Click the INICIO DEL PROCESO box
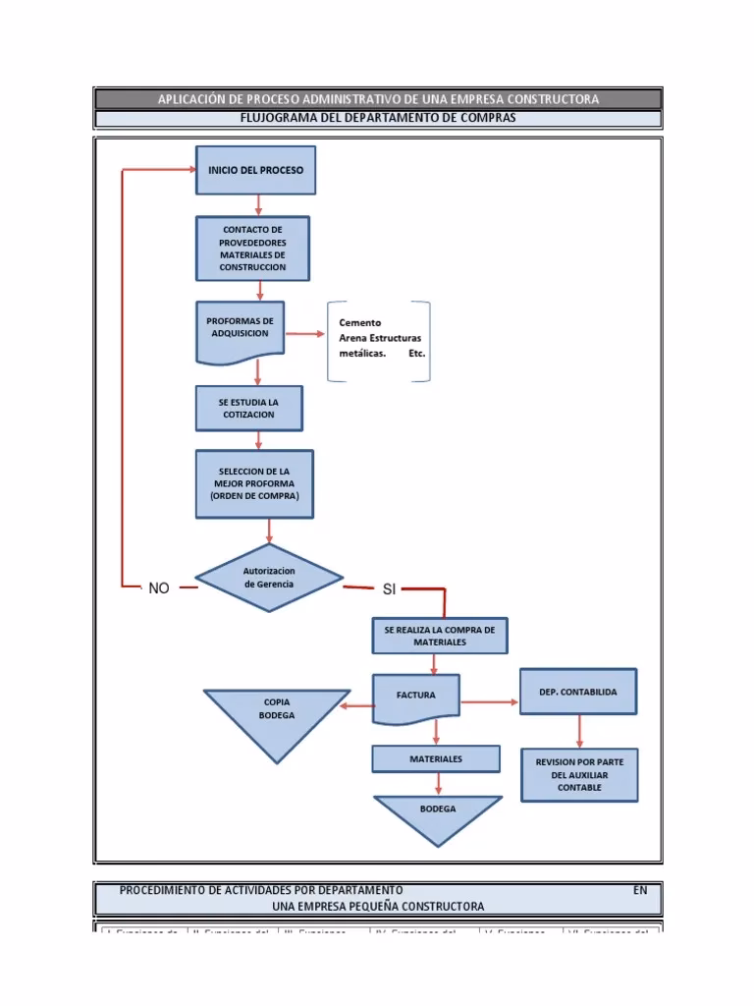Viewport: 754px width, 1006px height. coord(256,170)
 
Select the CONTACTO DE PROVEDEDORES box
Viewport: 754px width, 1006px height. coord(253,249)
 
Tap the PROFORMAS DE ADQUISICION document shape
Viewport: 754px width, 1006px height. coord(241,329)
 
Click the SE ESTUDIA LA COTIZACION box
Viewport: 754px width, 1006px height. coord(248,408)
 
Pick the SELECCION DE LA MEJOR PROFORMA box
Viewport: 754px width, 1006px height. coord(255,484)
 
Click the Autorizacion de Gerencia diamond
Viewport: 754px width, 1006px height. coord(269,577)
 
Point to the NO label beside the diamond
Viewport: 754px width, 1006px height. coord(159,587)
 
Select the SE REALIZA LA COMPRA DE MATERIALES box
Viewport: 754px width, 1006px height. coord(440,636)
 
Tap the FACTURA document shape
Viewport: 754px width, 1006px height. coord(416,696)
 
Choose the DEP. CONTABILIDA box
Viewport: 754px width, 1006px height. coord(578,692)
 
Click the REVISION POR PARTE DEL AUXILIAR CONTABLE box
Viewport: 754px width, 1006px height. coord(579,774)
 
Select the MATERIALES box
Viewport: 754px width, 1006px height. coord(437,759)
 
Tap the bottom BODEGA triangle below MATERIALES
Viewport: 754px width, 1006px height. coord(438,815)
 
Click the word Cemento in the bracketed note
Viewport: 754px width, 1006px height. coord(360,322)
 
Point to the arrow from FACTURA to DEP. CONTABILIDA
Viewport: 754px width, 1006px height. coord(490,701)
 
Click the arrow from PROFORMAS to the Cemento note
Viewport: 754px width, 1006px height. coord(305,334)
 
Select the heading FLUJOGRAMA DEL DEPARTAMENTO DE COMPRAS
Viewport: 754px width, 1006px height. coord(378,118)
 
